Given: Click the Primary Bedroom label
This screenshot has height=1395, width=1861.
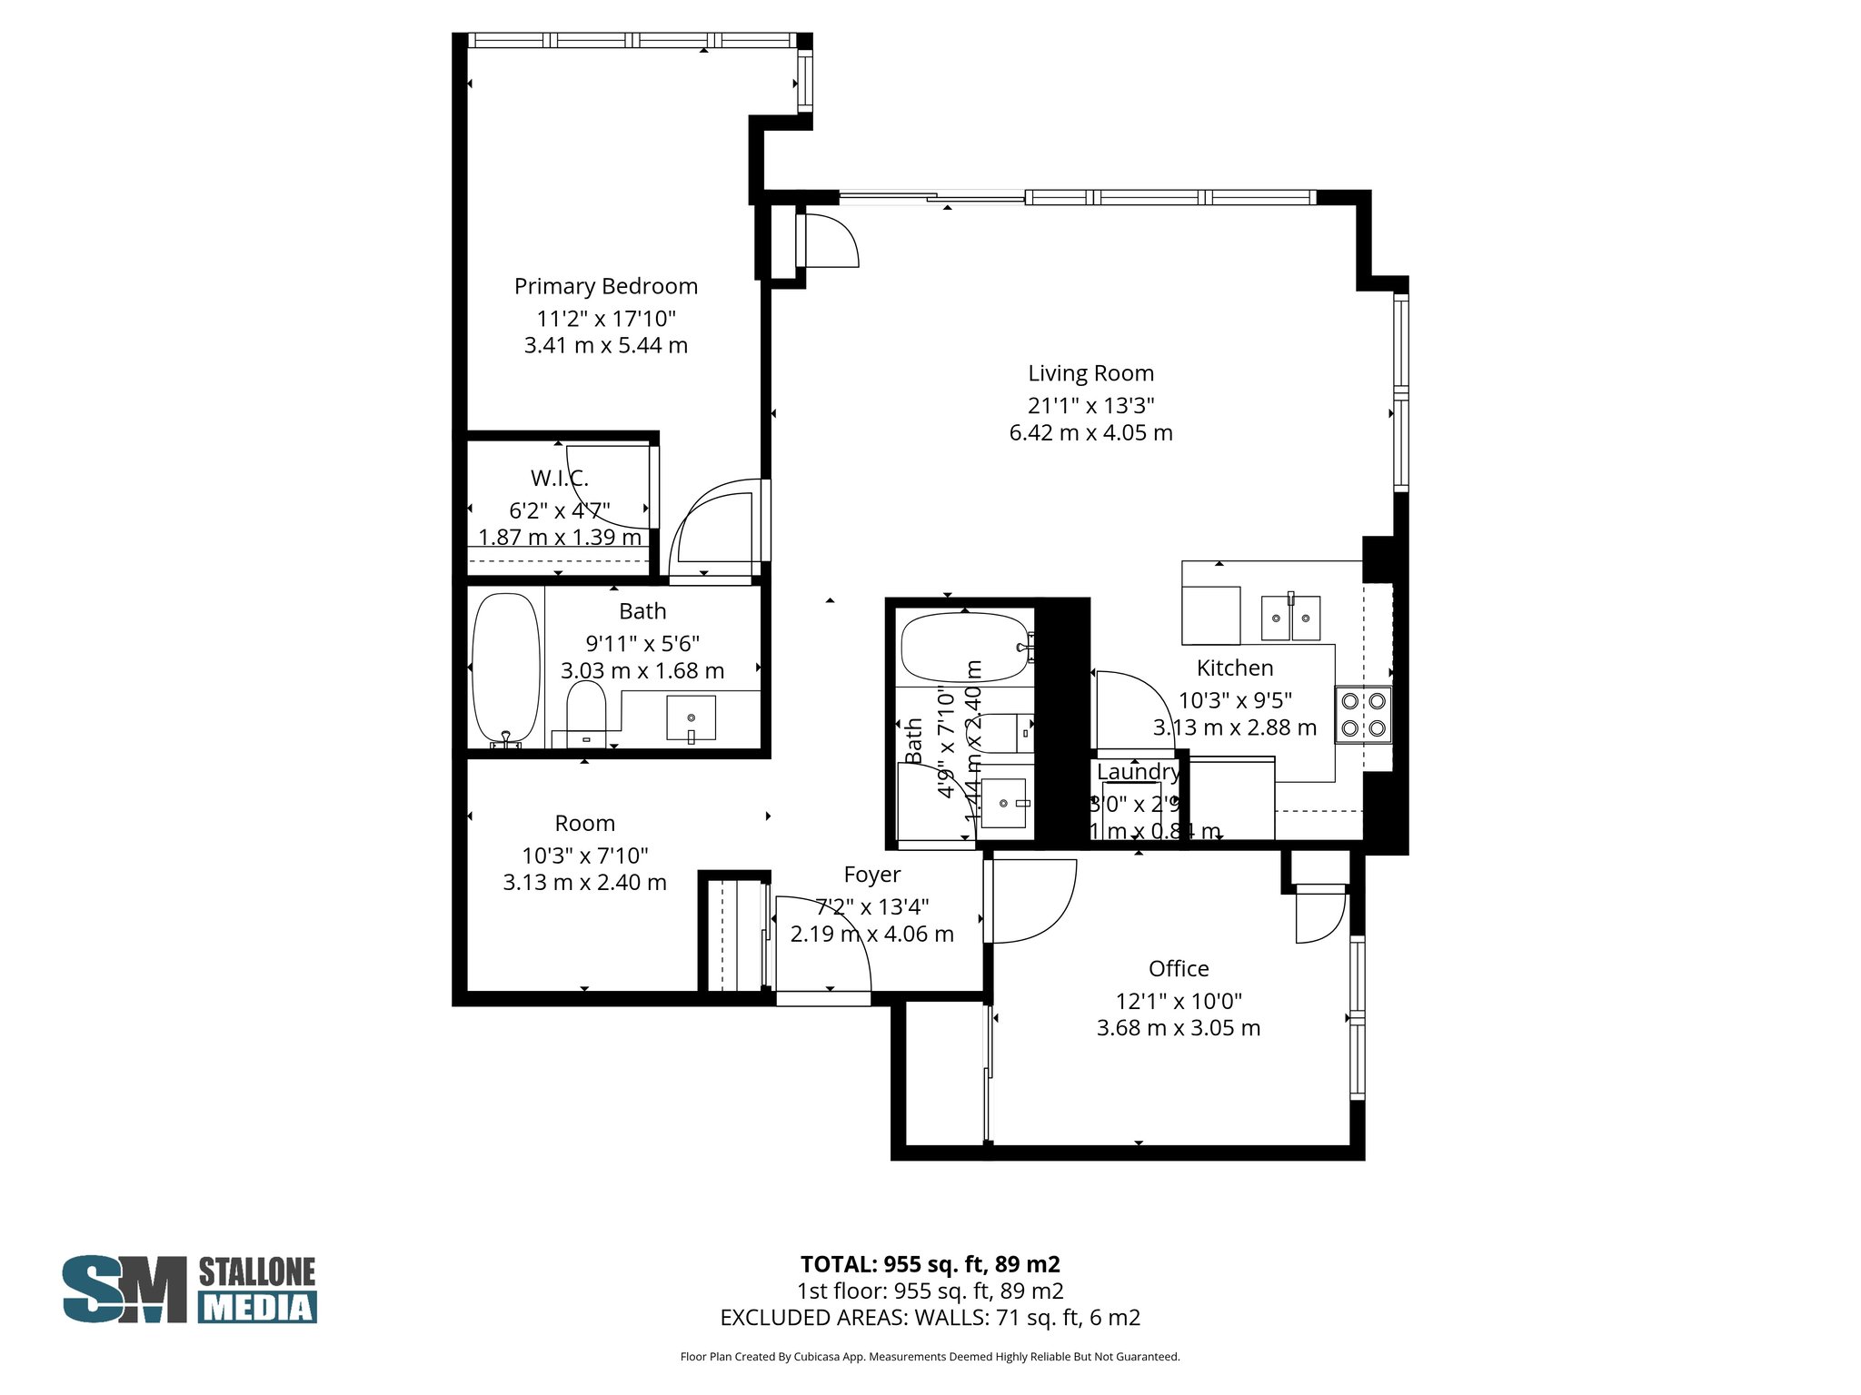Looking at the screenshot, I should (605, 286).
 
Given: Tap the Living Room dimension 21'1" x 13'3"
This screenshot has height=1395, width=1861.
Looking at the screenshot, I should (1090, 405).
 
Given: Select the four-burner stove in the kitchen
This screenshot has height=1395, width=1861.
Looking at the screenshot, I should (1363, 715).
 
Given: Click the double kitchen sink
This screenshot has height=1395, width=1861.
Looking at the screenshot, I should (1290, 618).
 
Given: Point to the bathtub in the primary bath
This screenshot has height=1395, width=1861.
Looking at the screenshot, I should (505, 668).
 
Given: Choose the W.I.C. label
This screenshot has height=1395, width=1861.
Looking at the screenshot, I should (559, 478).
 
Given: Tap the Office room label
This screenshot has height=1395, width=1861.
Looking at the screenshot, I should (1178, 968).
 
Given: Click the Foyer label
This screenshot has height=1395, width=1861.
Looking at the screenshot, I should (871, 875).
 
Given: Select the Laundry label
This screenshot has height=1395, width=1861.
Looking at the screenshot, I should (1138, 772).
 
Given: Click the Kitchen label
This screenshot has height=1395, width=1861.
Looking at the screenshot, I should (1234, 668).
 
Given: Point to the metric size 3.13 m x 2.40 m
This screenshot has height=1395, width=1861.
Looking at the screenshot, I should (584, 882).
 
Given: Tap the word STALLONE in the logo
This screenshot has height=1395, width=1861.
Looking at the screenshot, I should (257, 1271).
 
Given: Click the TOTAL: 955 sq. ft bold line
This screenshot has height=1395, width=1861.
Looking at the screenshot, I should (930, 1264).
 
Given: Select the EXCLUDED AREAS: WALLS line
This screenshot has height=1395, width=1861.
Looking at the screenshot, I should (930, 1318).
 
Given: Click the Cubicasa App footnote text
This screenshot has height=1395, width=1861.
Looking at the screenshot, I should (930, 1357).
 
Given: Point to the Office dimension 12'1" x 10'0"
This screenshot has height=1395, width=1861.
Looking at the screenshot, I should (1178, 1001).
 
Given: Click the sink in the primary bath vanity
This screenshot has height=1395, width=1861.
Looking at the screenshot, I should (691, 717).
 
